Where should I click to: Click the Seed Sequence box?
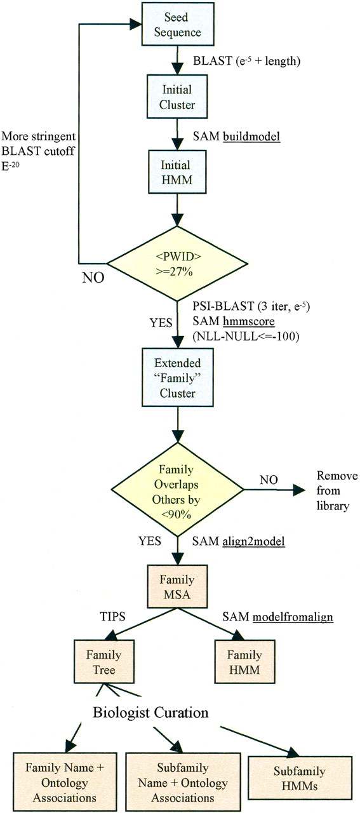coord(177,24)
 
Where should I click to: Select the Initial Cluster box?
coord(177,97)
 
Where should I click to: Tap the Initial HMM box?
coord(177,172)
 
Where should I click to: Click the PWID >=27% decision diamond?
coord(177,264)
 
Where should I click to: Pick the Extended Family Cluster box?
coord(177,377)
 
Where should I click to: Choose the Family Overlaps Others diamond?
coord(177,490)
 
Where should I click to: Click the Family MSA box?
coord(177,586)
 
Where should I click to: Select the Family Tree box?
coord(104,662)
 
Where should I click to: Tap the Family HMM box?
coord(244,662)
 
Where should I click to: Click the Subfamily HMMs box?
coord(300,778)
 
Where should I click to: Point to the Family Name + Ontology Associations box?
coord(65,782)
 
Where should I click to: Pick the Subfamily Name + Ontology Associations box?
coord(183,782)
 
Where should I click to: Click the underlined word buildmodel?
coord(251,137)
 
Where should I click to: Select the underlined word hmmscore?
coord(249,321)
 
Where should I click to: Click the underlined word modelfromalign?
coord(293,617)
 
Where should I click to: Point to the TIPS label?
coord(112,616)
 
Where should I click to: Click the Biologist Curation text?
coord(150,712)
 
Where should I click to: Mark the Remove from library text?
coord(337,490)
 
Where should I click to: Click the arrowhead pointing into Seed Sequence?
coord(136,24)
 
